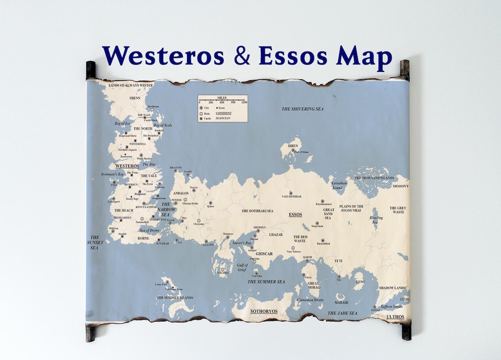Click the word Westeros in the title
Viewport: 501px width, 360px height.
point(162,56)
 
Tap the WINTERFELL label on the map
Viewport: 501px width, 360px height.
point(138,144)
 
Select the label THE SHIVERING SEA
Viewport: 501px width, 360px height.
point(302,109)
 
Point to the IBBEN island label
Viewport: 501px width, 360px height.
point(293,146)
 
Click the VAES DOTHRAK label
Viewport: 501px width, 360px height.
point(291,197)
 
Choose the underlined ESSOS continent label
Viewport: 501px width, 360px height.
point(295,215)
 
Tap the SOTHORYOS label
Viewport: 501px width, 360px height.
point(263,311)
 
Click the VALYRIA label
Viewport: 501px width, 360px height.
point(223,273)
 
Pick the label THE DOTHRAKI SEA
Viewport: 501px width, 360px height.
point(257,211)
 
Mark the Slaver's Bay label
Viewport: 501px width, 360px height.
point(242,243)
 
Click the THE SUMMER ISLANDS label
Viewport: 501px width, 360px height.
point(175,297)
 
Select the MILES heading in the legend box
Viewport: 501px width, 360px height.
point(222,98)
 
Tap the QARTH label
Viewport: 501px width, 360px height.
point(308,257)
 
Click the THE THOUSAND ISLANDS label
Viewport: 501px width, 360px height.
point(374,178)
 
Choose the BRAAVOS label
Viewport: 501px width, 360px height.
point(176,167)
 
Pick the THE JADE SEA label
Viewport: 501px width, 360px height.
point(342,313)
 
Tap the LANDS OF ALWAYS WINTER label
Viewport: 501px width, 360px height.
point(130,85)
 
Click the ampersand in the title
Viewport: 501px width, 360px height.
point(241,56)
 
